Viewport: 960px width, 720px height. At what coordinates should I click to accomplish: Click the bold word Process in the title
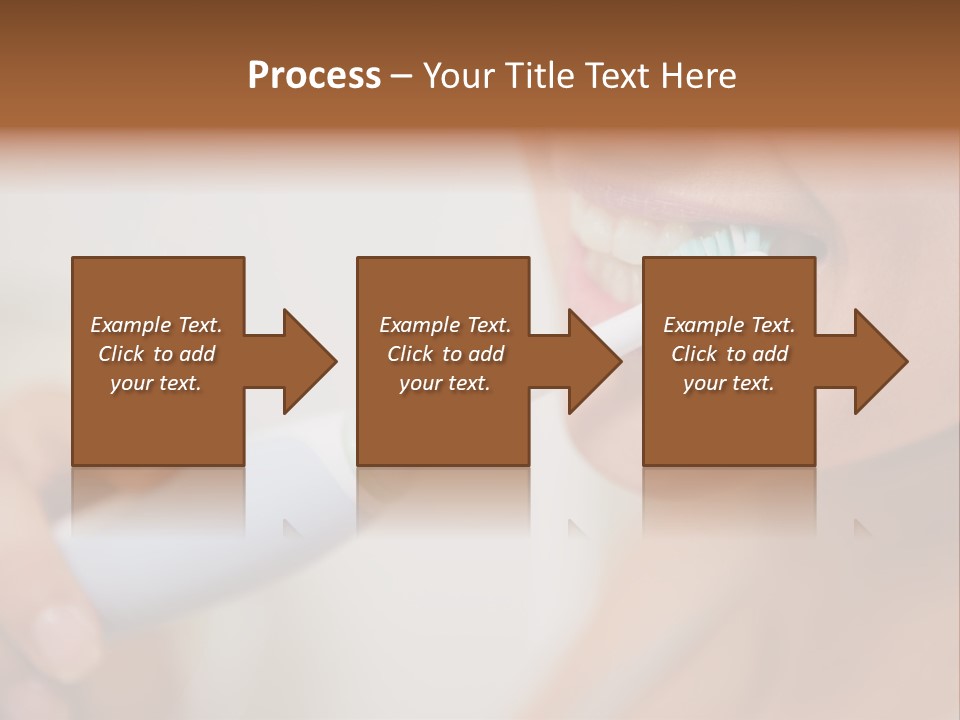[x=314, y=76]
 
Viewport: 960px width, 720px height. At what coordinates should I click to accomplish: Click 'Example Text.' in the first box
[x=157, y=325]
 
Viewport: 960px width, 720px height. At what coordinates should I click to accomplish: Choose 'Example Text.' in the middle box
[x=445, y=325]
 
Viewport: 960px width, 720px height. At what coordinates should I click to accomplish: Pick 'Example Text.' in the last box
[x=729, y=325]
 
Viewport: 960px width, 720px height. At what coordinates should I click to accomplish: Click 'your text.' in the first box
[x=156, y=383]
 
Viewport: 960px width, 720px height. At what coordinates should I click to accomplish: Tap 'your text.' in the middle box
[x=444, y=383]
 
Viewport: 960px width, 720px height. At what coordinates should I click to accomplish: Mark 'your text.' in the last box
[x=728, y=383]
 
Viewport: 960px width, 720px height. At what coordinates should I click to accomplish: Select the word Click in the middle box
[x=410, y=354]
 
